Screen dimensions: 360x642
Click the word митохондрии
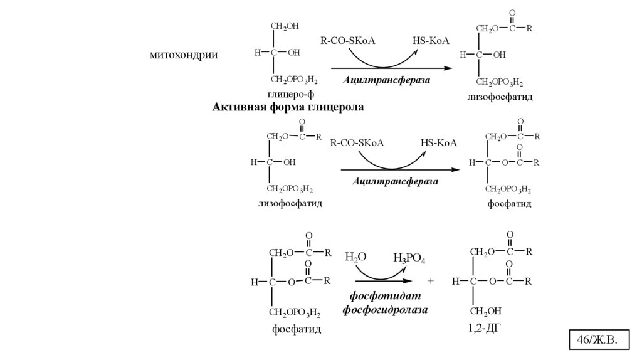tap(184, 55)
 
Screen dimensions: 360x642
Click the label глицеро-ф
tap(290, 95)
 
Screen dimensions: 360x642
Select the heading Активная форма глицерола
tap(288, 107)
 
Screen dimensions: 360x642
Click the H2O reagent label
tap(355, 258)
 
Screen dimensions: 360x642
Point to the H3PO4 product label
tap(409, 258)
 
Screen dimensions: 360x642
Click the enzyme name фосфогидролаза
tap(385, 310)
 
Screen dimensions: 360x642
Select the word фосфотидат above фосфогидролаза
tap(385, 297)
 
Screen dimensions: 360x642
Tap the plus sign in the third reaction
tap(431, 282)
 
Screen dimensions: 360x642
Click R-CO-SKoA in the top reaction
tap(347, 41)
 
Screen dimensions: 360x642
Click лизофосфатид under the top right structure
tap(500, 98)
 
